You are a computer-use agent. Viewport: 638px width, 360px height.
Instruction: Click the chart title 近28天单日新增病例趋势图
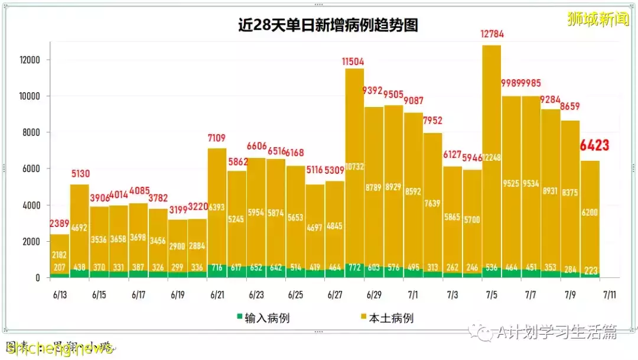click(x=328, y=25)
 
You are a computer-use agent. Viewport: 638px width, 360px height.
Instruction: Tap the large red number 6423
click(x=594, y=145)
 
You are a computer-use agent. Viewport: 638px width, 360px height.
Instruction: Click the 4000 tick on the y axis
click(x=30, y=206)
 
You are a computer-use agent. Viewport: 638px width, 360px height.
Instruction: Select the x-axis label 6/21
click(x=217, y=294)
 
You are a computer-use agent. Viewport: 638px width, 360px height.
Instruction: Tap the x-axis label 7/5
click(x=491, y=294)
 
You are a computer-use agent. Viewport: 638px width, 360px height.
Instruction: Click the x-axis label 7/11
click(x=608, y=294)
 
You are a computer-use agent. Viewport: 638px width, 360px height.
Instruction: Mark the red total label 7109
click(x=217, y=138)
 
